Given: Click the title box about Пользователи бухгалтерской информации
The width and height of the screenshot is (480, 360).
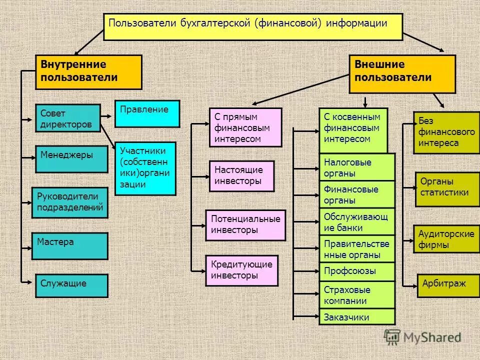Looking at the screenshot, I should click(x=253, y=26).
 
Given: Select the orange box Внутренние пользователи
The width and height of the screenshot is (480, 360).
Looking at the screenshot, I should click(x=88, y=72).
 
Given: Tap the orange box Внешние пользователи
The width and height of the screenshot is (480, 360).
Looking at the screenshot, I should click(x=402, y=74).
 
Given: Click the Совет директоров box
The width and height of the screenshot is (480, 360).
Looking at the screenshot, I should click(x=68, y=118).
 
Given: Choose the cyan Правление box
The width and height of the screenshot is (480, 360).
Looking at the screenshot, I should click(x=147, y=113).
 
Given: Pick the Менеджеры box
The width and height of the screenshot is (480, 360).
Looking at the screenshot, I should click(x=71, y=159).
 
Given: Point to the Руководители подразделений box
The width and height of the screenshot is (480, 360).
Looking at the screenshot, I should click(x=70, y=202).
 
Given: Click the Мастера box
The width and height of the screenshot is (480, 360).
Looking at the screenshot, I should click(x=69, y=245).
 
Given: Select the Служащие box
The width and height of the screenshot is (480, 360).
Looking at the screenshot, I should click(x=71, y=286).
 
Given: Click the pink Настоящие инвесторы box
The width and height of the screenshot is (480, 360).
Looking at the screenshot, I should click(x=241, y=176).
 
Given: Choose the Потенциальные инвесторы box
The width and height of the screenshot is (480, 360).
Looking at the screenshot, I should click(x=245, y=225).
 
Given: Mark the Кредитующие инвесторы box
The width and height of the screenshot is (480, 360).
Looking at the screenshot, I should click(x=241, y=270).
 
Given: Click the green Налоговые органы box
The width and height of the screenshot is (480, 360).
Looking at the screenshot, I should click(x=357, y=167).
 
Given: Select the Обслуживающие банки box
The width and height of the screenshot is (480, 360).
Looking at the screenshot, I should click(x=357, y=221).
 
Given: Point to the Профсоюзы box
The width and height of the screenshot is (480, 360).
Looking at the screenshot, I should click(x=357, y=271).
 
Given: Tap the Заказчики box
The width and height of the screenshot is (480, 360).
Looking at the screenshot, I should click(x=357, y=317).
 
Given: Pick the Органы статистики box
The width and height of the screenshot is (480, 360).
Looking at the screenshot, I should click(x=447, y=189).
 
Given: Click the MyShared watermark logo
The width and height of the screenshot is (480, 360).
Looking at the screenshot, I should click(x=422, y=337).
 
